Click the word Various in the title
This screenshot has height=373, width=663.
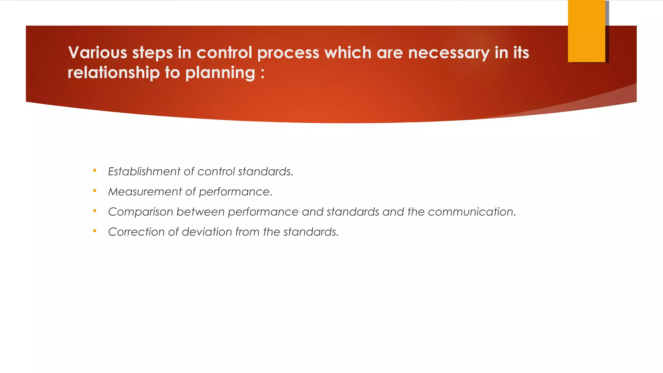(97, 52)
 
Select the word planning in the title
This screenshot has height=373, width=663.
(220, 73)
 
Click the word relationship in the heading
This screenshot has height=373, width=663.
(114, 73)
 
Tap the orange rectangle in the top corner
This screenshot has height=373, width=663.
(586, 31)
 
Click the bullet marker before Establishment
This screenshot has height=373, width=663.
(95, 170)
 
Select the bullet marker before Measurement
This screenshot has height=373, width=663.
(95, 190)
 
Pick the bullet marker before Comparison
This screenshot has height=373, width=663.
(95, 211)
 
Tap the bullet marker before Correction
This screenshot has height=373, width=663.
(95, 231)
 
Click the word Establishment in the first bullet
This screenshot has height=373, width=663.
(144, 171)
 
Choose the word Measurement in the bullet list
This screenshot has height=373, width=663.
(145, 192)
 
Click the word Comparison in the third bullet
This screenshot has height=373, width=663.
(140, 212)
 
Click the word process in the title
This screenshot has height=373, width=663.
(288, 53)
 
